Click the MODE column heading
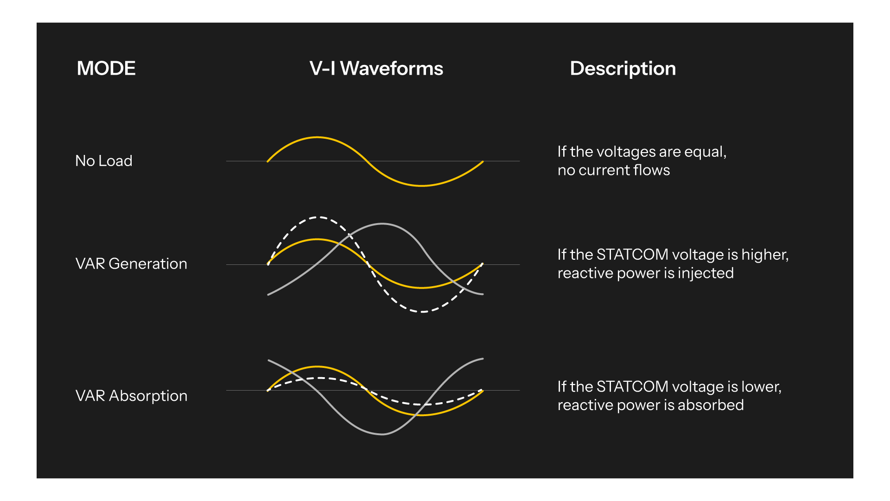[106, 69]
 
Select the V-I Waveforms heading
[376, 69]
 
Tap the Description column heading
[623, 69]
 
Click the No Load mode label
[104, 161]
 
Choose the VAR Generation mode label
[131, 264]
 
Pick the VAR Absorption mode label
[131, 396]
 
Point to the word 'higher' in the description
[764, 255]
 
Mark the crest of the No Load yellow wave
[317, 137]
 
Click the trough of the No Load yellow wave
[422, 186]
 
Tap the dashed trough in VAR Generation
[422, 312]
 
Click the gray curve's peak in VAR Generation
[382, 224]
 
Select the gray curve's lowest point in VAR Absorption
[382, 434]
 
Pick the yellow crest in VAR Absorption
[317, 367]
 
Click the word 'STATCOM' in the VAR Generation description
[632, 255]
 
